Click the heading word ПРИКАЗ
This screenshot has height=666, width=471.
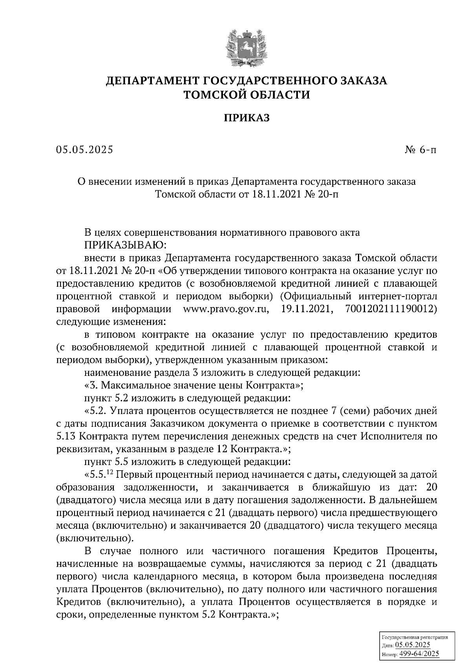pos(246,118)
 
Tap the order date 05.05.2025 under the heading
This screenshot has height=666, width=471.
pos(84,150)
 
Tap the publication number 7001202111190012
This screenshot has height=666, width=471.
pos(391,309)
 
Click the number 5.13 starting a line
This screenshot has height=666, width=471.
pos(68,437)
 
